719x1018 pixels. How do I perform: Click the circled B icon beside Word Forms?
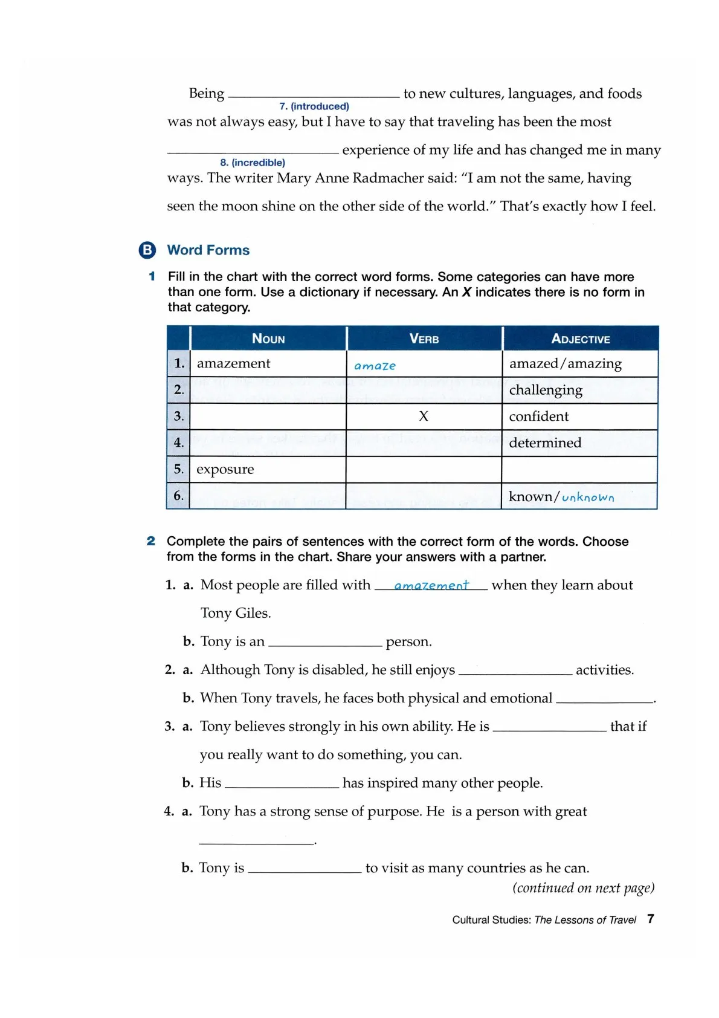[147, 250]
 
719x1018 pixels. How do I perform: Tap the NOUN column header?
[268, 339]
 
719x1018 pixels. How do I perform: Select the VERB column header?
[424, 339]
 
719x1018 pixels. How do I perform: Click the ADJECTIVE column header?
[581, 339]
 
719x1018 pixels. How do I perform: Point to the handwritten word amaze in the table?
[375, 366]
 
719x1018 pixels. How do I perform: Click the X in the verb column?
[424, 416]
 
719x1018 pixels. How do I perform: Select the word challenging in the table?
[546, 390]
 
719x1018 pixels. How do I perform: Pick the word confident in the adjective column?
[539, 416]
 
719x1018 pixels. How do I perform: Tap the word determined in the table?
[545, 443]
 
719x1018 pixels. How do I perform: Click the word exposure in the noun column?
[225, 470]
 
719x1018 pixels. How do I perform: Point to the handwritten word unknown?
[588, 497]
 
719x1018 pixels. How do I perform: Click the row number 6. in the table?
[179, 496]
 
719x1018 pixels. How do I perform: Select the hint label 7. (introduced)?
[314, 106]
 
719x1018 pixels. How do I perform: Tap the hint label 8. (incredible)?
[253, 163]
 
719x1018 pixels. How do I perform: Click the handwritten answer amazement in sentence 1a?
[431, 585]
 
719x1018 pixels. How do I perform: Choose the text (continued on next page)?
[583, 887]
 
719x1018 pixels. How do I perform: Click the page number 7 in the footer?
[651, 919]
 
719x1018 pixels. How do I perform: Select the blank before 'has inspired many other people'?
[282, 785]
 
